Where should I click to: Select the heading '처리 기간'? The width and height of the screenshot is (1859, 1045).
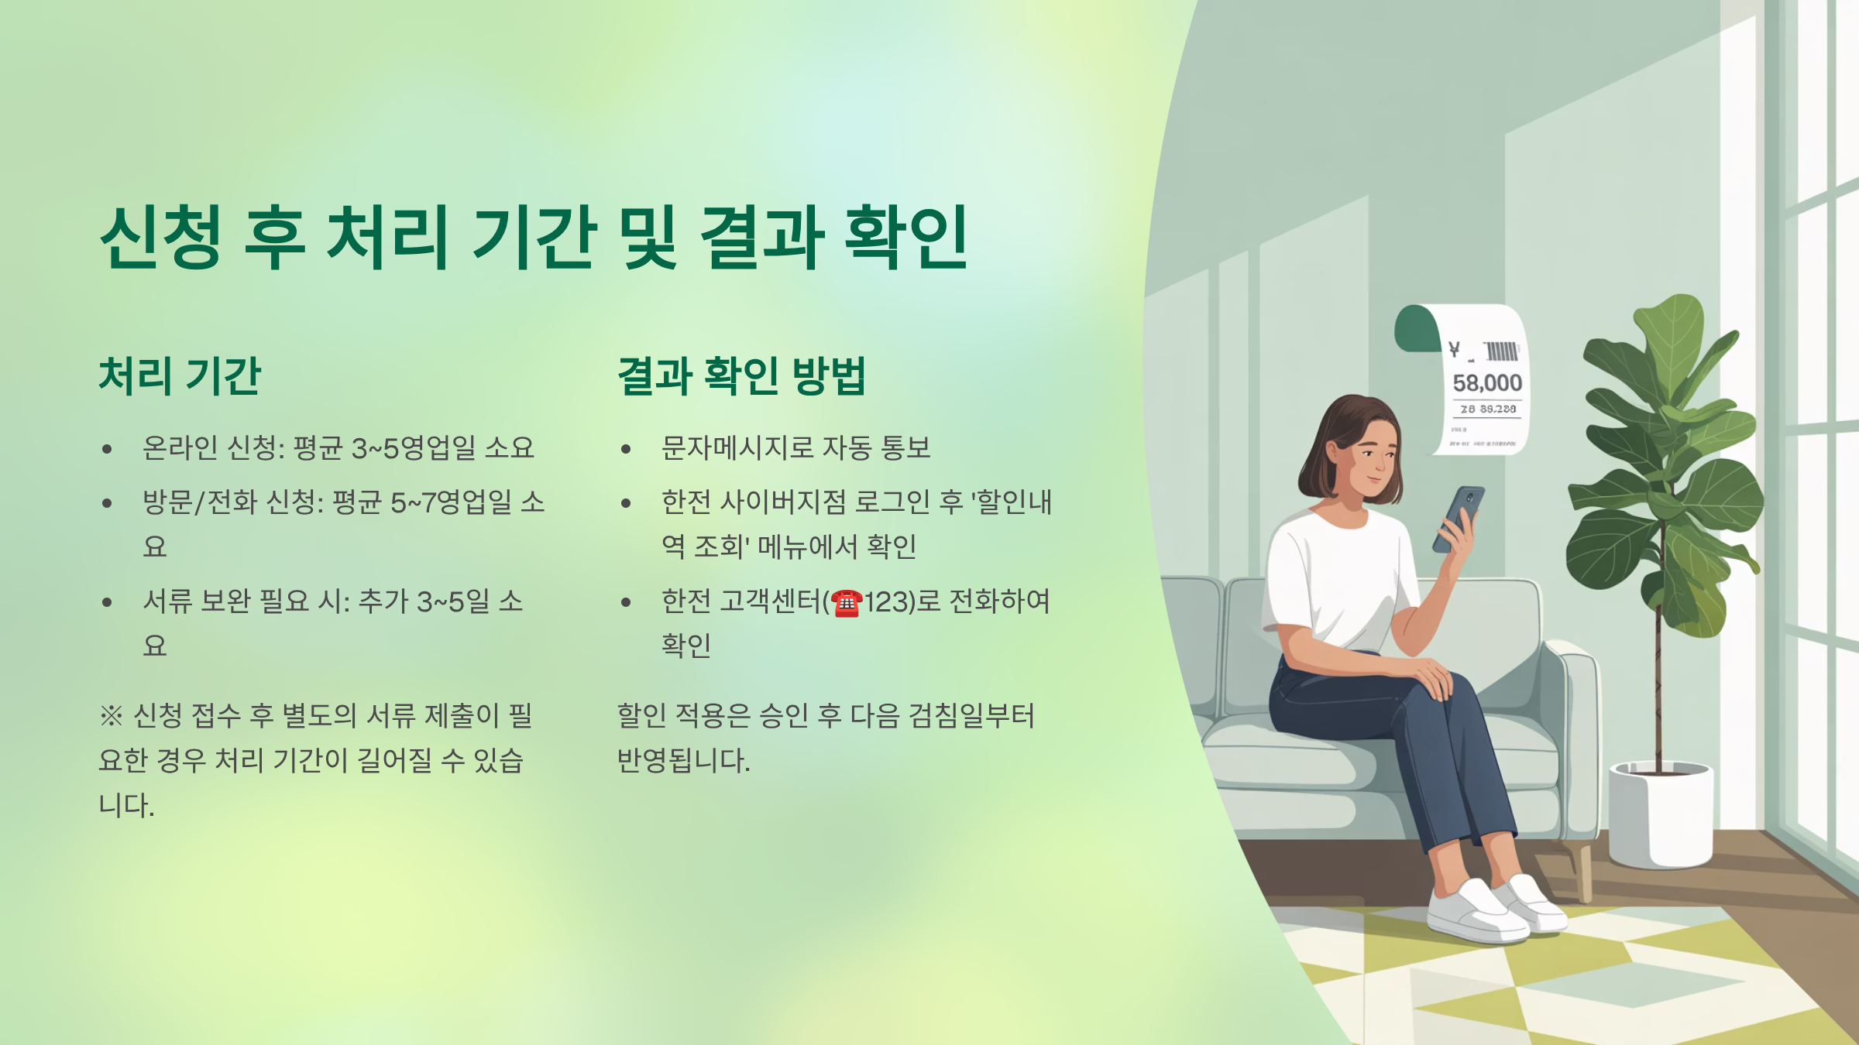coord(180,376)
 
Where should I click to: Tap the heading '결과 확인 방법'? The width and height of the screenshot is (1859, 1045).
coord(741,376)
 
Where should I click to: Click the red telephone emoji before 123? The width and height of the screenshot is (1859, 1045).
coord(847,603)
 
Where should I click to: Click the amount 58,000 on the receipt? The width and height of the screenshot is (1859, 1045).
coord(1487,383)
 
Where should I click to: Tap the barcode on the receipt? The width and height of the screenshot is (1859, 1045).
coord(1501,351)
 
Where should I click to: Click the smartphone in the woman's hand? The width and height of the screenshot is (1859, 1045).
coord(1459,517)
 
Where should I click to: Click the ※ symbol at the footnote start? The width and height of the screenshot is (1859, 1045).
coord(111,715)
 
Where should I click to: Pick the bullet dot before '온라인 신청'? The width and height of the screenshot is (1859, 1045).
coord(107,449)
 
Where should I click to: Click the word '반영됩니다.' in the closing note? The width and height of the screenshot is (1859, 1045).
coord(683,760)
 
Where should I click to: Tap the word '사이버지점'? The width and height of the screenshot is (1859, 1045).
coord(783,503)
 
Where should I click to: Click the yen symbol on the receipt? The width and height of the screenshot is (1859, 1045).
coord(1454,350)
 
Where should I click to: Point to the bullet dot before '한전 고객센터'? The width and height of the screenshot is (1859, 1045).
coord(626,602)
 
